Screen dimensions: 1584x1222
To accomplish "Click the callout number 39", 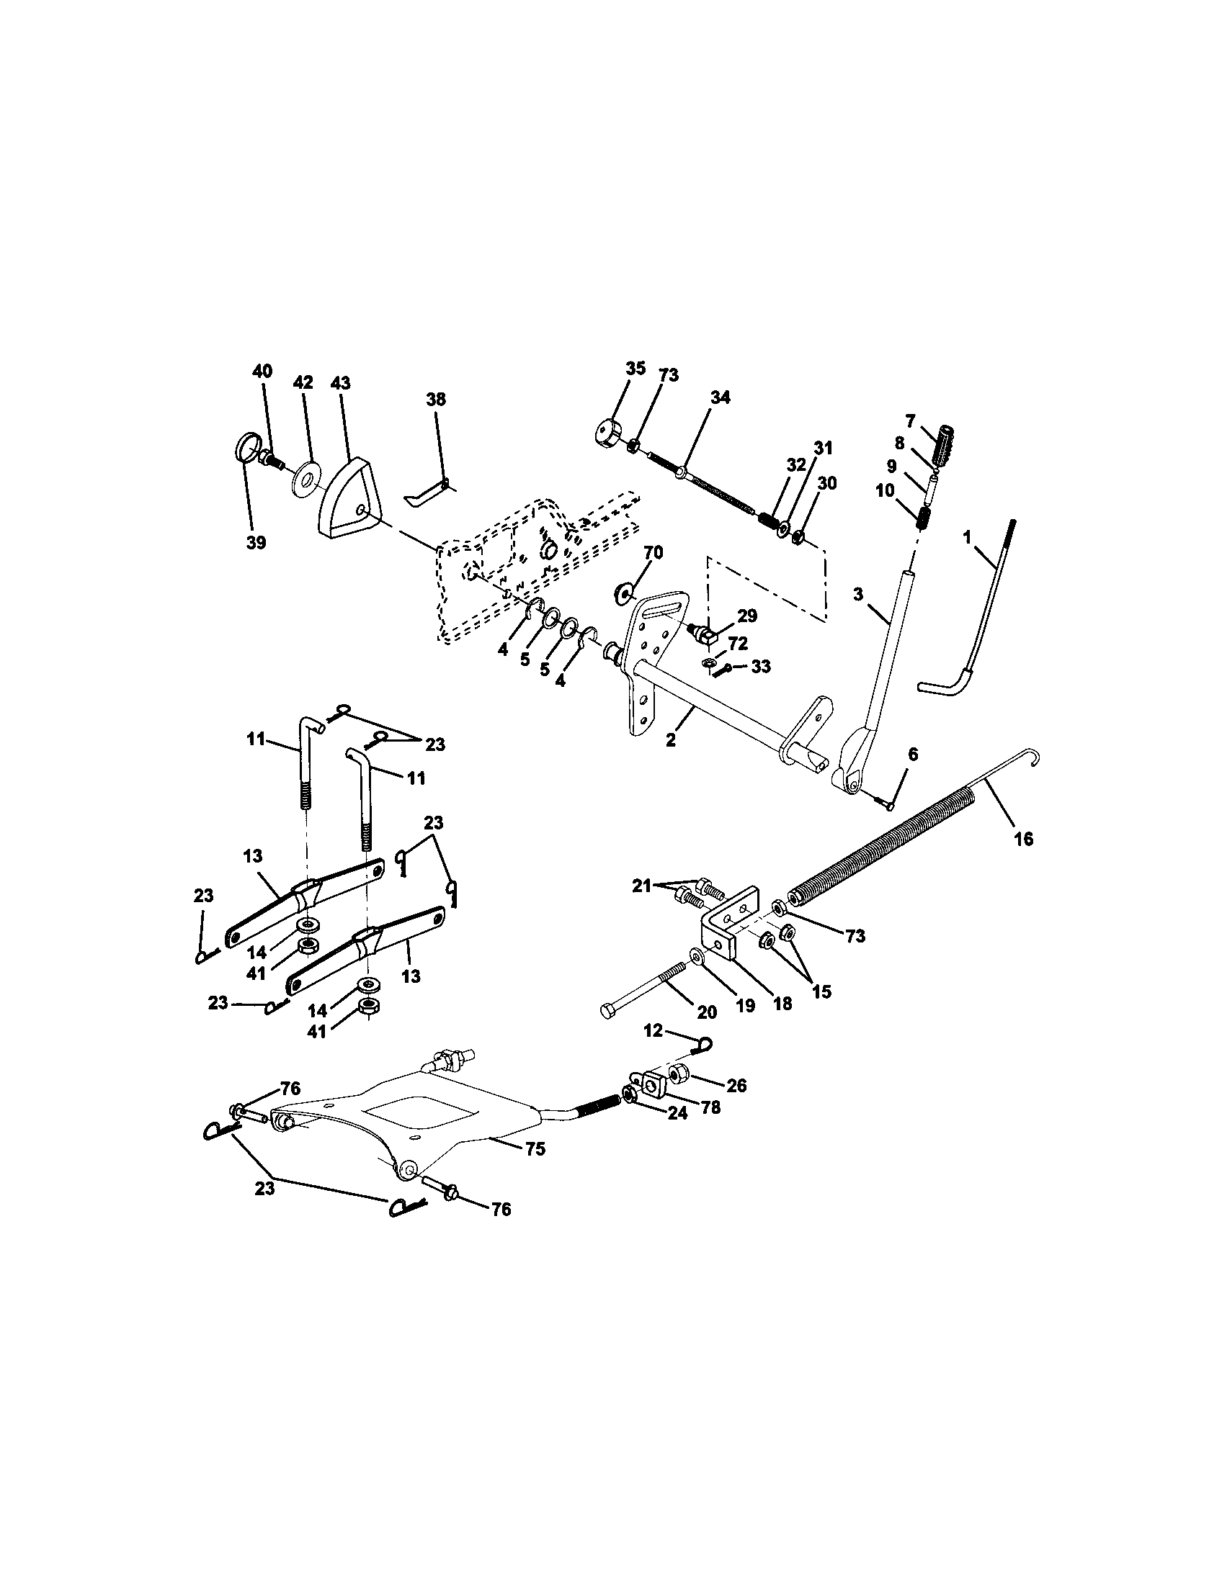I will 256,543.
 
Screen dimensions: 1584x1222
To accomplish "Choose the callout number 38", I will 436,400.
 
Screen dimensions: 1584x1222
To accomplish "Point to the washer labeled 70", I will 624,591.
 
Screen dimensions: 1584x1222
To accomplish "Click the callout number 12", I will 653,1030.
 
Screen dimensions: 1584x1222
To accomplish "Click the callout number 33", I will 759,667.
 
